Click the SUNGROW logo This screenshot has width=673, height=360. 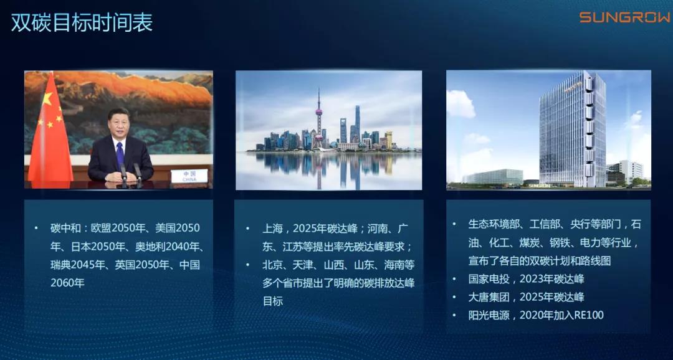click(625, 17)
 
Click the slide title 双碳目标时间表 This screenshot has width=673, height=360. click(82, 23)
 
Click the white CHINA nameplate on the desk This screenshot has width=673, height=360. click(189, 176)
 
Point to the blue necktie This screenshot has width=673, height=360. click(120, 154)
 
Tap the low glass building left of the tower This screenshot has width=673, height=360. click(494, 177)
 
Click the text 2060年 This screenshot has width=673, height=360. click(68, 283)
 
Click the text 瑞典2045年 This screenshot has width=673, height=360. click(77, 265)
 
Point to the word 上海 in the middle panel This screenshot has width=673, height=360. click(272, 229)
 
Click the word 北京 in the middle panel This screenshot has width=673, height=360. click(272, 265)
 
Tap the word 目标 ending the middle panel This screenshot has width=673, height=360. click(272, 301)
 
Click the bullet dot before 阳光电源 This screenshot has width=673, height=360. click(454, 315)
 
